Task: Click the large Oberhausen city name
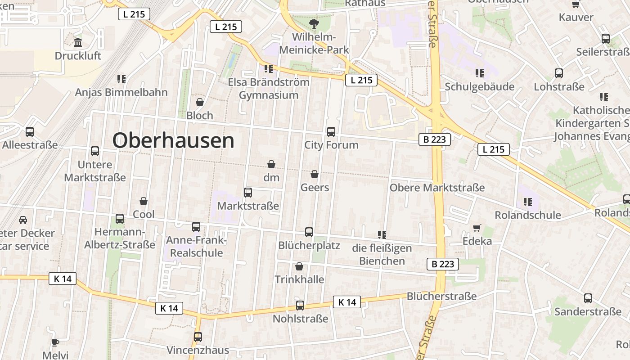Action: pos(173,140)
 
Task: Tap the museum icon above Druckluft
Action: pos(78,43)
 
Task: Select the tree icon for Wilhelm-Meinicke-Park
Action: pos(313,24)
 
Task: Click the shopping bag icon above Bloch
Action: pos(200,102)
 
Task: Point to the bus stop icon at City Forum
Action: pos(331,131)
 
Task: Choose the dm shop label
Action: pos(271,177)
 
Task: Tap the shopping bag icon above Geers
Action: pos(315,174)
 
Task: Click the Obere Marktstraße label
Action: pos(437,187)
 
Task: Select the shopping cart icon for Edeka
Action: pos(477,228)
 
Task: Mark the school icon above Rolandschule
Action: pos(528,202)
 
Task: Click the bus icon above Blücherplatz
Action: pos(309,232)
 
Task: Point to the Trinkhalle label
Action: pos(299,279)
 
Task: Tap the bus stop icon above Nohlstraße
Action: pos(300,306)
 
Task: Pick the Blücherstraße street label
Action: pos(441,296)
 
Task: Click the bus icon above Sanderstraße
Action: pos(588,298)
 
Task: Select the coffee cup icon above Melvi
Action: pos(55,342)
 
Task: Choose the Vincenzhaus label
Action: pos(198,350)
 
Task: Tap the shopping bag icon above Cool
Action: pos(144,201)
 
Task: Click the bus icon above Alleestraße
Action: pos(30,132)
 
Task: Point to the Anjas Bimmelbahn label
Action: pos(121,92)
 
